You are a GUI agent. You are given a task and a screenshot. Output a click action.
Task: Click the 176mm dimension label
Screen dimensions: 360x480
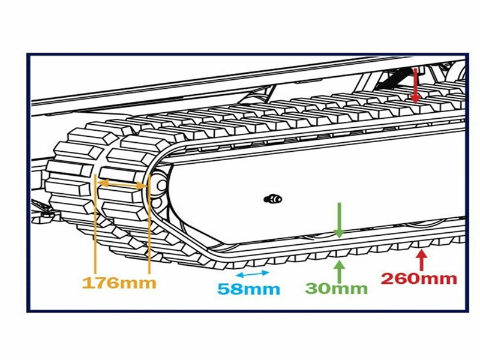click(118, 282)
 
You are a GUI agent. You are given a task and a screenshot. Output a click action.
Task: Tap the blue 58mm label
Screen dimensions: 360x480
click(248, 289)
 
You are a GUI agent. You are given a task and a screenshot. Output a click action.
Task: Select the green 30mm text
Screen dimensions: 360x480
click(336, 288)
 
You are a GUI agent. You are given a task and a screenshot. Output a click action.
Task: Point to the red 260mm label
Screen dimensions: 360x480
click(419, 278)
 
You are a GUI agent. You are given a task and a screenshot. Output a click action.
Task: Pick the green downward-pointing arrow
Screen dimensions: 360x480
click(340, 220)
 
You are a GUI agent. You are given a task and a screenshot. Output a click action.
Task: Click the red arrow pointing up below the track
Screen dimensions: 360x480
click(421, 260)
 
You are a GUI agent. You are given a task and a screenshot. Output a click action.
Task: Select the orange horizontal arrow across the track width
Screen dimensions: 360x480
click(122, 185)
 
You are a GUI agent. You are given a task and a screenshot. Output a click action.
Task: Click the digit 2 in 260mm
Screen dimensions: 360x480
click(389, 278)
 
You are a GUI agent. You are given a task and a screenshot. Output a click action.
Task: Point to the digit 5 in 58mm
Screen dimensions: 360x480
click(224, 289)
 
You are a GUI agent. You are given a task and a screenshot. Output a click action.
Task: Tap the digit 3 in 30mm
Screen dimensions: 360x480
click(313, 288)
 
